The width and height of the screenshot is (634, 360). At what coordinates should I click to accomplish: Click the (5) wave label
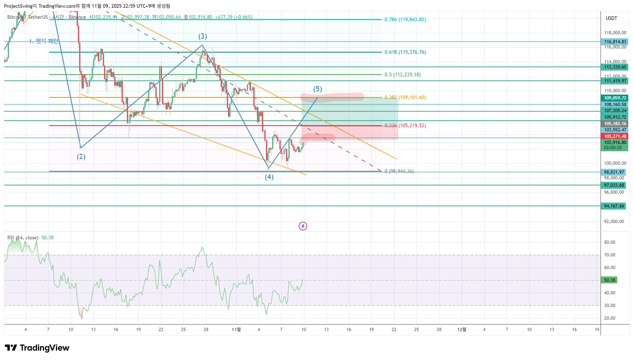(x=317, y=89)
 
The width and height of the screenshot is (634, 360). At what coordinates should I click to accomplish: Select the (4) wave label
(x=269, y=177)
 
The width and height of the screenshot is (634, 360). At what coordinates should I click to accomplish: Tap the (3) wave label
(x=203, y=36)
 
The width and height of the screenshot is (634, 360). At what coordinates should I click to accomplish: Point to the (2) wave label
(x=81, y=157)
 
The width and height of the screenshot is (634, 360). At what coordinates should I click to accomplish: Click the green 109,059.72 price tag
(x=614, y=98)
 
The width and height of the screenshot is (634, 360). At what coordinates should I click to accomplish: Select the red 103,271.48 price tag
(x=614, y=136)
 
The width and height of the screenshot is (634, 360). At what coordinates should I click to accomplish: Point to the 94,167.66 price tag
(x=614, y=206)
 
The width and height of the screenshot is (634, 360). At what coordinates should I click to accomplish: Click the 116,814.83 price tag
(x=614, y=42)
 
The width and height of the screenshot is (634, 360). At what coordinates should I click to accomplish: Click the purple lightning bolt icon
(x=303, y=226)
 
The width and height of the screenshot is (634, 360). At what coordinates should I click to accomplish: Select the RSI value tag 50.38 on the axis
(x=610, y=280)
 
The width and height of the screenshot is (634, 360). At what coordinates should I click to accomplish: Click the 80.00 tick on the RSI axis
(x=610, y=242)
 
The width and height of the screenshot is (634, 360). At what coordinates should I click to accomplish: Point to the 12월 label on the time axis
(x=461, y=329)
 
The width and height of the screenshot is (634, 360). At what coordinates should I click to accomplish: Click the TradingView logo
(x=37, y=348)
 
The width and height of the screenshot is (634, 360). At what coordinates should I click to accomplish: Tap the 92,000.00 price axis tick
(x=614, y=221)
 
